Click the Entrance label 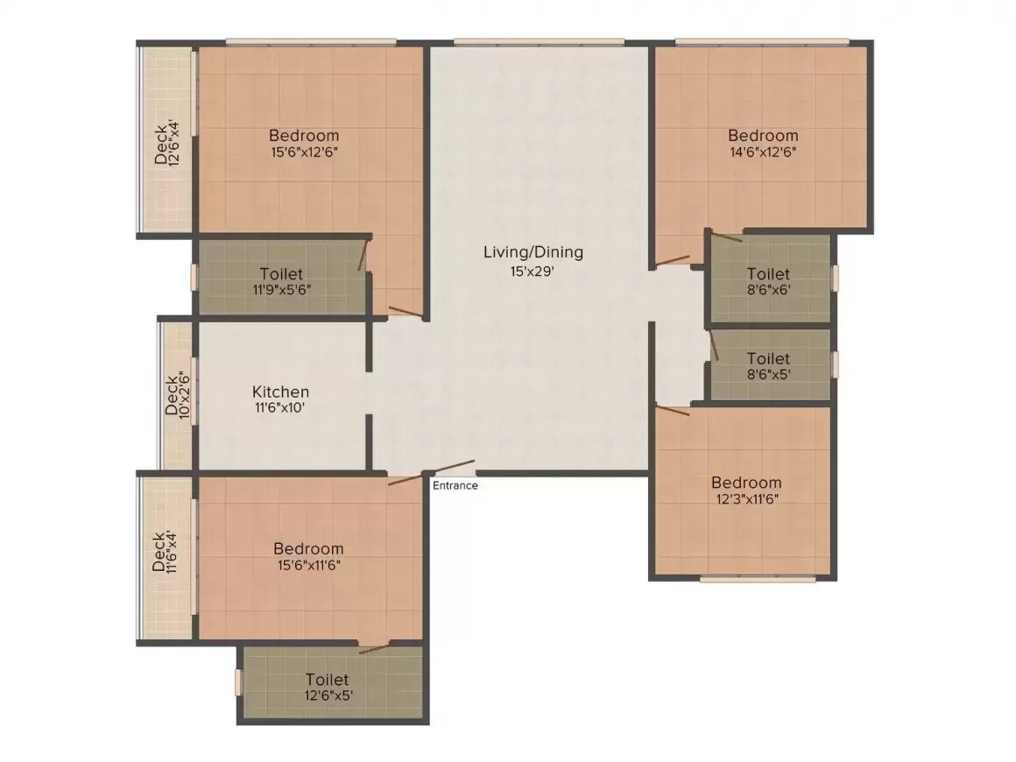click(x=455, y=485)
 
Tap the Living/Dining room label click(x=533, y=252)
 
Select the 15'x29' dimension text click(x=533, y=272)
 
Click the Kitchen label click(x=280, y=392)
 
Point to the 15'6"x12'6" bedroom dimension click(x=304, y=151)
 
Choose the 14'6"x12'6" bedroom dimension click(x=763, y=151)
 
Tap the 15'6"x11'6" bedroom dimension click(x=307, y=565)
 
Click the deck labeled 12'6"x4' click(x=166, y=142)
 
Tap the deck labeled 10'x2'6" click(x=177, y=396)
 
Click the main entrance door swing click(x=452, y=468)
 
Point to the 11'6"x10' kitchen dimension click(x=280, y=407)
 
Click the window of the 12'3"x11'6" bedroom click(x=758, y=578)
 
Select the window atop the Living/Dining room click(x=539, y=42)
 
